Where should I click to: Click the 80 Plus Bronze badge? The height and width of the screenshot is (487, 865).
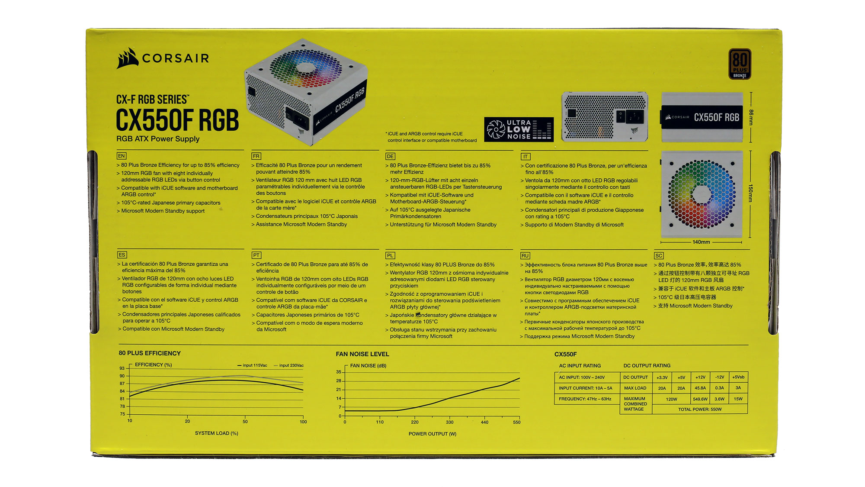coord(740,64)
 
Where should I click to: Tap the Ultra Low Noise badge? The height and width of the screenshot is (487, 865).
coord(519,129)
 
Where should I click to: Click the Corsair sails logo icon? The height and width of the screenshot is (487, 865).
coord(127,58)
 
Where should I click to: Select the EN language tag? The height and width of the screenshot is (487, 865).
coord(121,156)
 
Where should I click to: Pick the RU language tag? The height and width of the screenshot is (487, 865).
coord(525,256)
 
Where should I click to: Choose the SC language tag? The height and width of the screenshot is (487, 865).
coord(659,256)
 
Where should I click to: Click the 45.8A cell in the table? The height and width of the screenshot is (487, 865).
coord(700,388)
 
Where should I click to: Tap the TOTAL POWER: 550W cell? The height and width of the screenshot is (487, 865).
coord(700,410)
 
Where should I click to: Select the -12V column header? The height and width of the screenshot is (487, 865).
coord(719,377)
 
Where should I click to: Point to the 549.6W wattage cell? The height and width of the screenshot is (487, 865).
coord(700,399)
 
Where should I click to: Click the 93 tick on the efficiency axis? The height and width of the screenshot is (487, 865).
coord(122,368)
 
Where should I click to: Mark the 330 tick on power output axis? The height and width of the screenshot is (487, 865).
coord(450,422)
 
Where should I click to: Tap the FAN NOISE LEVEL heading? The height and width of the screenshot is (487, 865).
coord(362,354)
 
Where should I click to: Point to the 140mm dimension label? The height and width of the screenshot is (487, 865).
coord(701,242)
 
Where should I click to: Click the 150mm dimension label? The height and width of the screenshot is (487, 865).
coord(750,194)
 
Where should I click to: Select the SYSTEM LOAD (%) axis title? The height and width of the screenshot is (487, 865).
coord(216,433)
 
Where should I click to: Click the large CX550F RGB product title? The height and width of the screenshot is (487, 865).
coord(177,120)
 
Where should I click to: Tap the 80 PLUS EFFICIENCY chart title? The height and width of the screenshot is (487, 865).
coord(150,353)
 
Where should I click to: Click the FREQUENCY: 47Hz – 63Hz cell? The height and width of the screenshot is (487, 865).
coord(585,399)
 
